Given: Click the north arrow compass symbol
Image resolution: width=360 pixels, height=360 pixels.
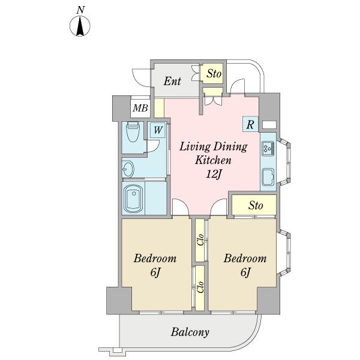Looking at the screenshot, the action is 80,26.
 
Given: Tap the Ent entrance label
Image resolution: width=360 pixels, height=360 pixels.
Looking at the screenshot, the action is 172,81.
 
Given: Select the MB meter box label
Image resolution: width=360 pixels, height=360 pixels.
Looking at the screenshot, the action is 140,108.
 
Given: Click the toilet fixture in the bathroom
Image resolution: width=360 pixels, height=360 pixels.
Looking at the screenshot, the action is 133,132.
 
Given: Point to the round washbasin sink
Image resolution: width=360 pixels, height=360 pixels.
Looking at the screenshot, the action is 128,169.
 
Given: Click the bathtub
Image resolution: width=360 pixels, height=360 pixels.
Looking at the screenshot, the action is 133,199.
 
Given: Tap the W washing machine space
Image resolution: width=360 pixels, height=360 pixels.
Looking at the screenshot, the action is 158,130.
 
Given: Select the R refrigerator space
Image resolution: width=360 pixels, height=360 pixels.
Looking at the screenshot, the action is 250,125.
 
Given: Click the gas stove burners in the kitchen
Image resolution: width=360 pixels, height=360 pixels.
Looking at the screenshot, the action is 268,148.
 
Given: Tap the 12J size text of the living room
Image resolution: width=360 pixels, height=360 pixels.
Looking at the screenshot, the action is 214,175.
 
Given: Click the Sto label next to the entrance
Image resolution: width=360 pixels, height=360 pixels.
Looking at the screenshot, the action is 214,73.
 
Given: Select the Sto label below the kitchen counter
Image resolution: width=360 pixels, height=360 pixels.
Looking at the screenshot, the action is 256,205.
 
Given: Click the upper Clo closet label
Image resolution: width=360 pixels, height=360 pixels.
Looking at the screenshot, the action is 200,240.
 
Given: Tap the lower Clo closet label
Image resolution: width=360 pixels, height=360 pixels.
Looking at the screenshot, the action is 200,287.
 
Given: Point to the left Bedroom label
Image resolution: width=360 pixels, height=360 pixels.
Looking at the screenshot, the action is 155,258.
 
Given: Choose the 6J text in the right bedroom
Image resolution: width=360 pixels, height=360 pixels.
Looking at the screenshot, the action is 245,272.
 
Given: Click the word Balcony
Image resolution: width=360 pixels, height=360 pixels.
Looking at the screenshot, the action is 190,332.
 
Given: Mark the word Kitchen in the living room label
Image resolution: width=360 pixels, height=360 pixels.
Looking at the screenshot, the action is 213,160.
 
